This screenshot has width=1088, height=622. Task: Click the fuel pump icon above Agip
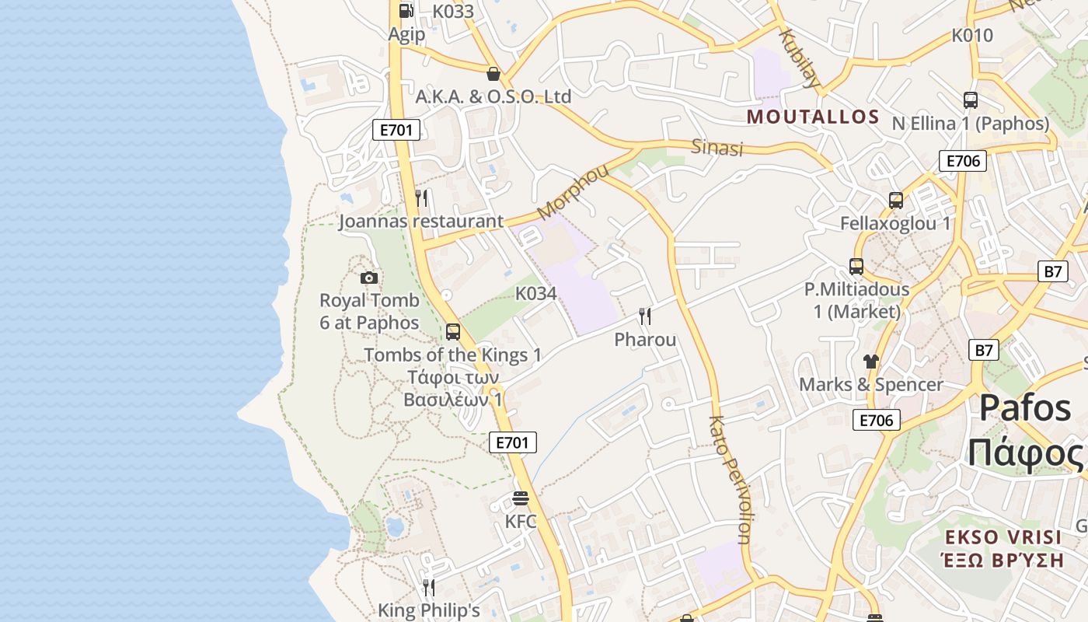(406, 11)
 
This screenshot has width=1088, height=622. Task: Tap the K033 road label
(453, 12)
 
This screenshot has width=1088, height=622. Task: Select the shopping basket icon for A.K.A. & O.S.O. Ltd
(493, 75)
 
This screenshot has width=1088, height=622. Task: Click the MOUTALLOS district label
(813, 117)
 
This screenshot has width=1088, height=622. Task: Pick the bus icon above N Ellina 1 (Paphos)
(970, 100)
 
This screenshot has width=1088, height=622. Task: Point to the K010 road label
(972, 36)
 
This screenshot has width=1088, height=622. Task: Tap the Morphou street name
(573, 191)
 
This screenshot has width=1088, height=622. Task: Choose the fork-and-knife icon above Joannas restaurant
(421, 198)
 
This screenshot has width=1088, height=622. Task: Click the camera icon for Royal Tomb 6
(369, 278)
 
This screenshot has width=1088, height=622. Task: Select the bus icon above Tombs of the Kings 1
(453, 332)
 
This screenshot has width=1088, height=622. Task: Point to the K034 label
(536, 294)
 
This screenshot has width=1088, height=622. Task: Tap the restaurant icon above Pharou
(645, 316)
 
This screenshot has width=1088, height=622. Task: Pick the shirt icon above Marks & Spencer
(870, 362)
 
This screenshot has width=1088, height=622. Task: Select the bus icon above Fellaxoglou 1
(895, 201)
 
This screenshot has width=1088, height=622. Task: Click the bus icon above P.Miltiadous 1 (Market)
(856, 267)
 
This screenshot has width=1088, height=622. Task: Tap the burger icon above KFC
(521, 498)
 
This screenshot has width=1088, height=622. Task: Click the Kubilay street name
(800, 59)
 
